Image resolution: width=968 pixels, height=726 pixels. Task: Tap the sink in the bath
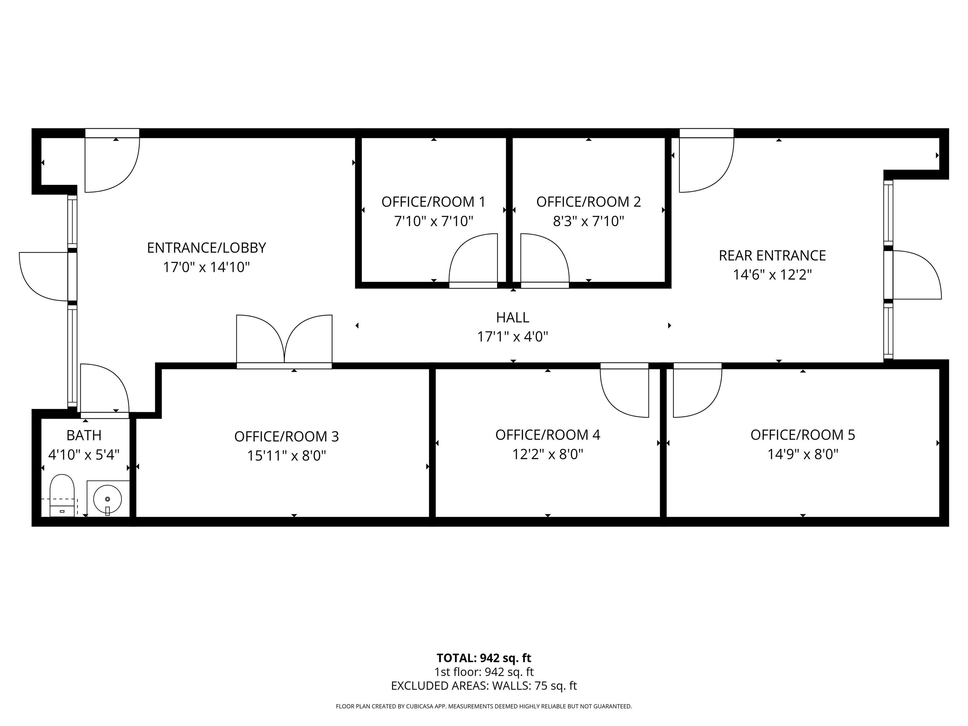(108, 498)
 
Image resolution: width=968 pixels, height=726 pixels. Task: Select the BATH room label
(84, 435)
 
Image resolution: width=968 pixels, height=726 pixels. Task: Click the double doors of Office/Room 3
(285, 341)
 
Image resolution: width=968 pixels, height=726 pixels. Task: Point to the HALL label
(512, 317)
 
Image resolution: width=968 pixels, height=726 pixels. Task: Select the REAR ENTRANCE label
(772, 256)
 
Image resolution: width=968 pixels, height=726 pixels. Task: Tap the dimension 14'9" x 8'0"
(803, 454)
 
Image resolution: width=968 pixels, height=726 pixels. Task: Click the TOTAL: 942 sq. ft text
(484, 658)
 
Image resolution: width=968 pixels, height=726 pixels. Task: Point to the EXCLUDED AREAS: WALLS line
(484, 686)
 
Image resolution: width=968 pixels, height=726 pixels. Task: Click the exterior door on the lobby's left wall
(44, 277)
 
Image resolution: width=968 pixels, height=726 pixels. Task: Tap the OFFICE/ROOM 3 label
(287, 436)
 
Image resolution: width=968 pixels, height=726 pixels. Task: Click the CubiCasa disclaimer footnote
(484, 706)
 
